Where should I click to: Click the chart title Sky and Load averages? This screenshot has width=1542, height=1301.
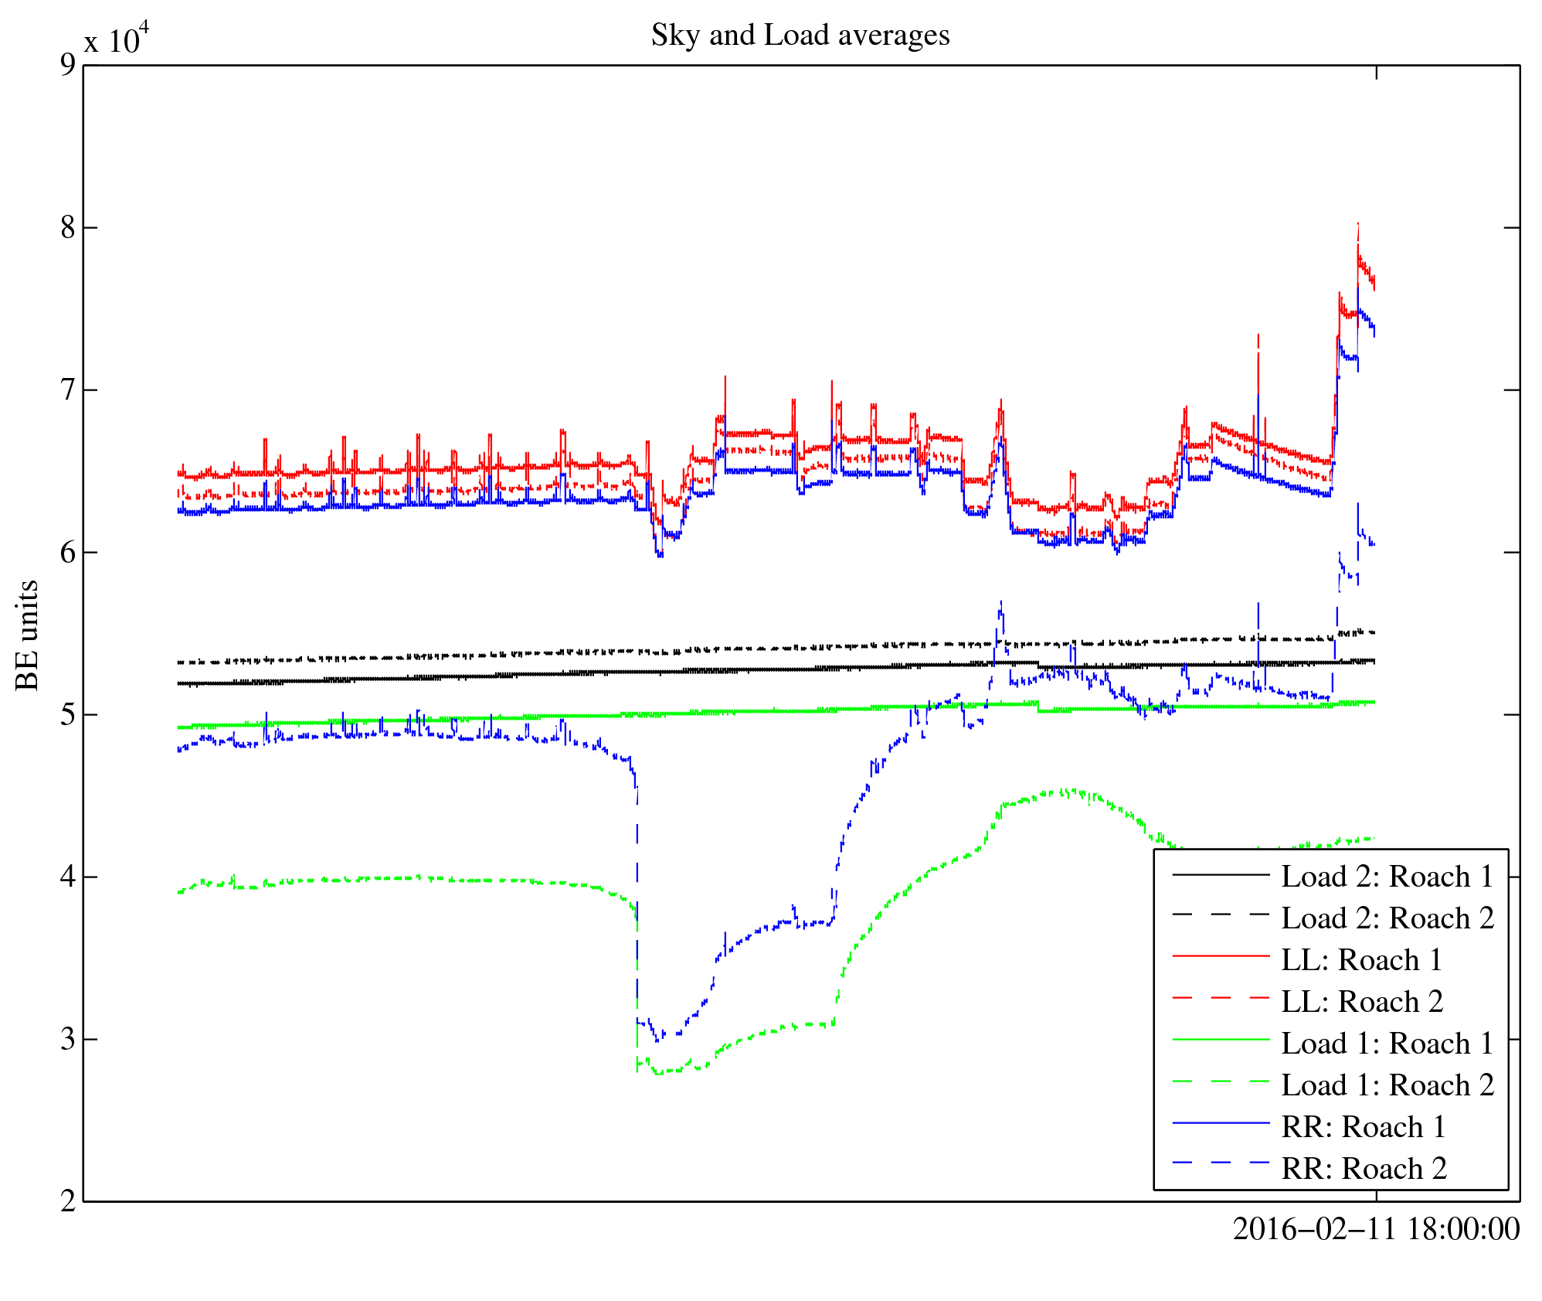tap(800, 36)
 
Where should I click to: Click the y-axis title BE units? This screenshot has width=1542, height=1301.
tap(28, 635)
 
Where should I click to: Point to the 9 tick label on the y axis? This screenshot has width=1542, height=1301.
tap(68, 65)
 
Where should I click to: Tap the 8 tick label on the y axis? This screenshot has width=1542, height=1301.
tap(68, 227)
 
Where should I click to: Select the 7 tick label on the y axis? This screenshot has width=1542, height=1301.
tap(68, 390)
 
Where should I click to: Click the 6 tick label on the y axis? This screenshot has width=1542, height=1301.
tap(68, 552)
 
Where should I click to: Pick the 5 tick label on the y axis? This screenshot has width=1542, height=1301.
tap(68, 714)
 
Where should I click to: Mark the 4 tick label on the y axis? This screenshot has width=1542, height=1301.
tap(68, 877)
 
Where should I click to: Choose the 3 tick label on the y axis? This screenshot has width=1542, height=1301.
tap(68, 1039)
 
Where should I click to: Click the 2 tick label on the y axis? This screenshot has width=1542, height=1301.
tap(68, 1201)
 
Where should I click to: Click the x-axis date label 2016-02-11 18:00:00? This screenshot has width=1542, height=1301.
tap(1376, 1229)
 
